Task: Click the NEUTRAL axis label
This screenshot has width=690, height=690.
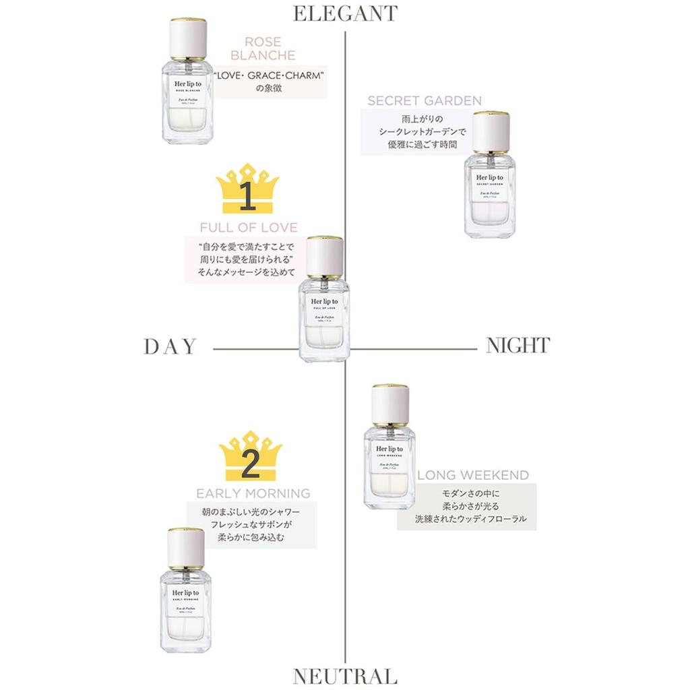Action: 344,676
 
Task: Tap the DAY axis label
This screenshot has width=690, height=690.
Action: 170,346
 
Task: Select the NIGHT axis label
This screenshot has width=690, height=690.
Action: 517,346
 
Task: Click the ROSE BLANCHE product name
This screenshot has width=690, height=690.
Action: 269,48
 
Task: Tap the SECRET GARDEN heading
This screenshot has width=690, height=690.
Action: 425,101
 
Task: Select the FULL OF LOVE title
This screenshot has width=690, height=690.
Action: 249,227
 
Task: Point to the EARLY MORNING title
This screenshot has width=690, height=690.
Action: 253,493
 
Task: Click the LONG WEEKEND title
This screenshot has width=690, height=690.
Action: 472,475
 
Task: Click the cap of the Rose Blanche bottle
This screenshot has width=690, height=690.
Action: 188,39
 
